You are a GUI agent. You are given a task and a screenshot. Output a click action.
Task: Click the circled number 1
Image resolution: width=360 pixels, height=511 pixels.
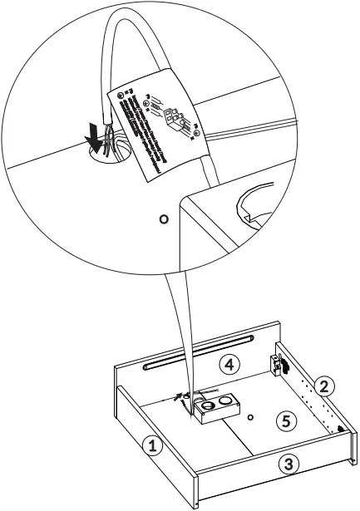[150, 445]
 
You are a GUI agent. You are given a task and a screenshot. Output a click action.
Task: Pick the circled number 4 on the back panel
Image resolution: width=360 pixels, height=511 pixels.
[230, 363]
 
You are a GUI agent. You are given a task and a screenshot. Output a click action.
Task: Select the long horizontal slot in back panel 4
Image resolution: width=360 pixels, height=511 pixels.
[197, 352]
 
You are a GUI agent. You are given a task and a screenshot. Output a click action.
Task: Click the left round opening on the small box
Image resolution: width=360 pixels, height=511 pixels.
[207, 406]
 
